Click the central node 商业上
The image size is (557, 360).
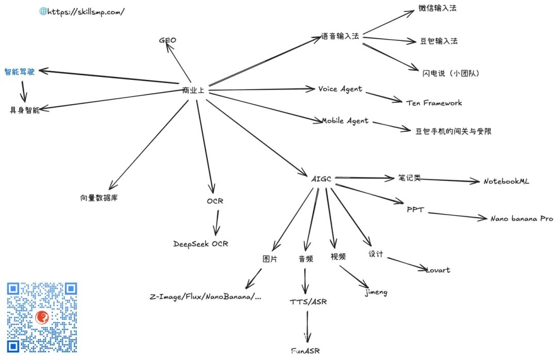click(193, 91)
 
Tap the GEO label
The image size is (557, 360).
click(168, 40)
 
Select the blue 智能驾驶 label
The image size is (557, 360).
click(20, 72)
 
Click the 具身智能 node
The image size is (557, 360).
click(25, 110)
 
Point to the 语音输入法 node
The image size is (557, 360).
click(340, 37)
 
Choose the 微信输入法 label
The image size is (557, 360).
click(437, 8)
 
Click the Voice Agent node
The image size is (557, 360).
click(340, 89)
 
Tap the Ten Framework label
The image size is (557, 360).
click(434, 103)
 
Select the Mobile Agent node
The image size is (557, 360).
click(345, 121)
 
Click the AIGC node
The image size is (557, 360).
click(321, 179)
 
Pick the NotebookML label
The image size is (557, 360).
click(506, 182)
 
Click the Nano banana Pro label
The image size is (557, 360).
click(521, 219)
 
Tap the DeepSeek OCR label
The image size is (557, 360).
click(201, 244)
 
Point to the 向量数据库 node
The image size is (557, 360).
click(99, 198)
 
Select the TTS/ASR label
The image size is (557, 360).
click(308, 302)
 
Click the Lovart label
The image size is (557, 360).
click(437, 270)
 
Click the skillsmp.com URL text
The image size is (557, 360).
click(86, 11)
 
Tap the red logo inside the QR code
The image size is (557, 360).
click(42, 317)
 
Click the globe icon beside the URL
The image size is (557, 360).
click(43, 11)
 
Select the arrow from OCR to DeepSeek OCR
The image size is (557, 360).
click(216, 222)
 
